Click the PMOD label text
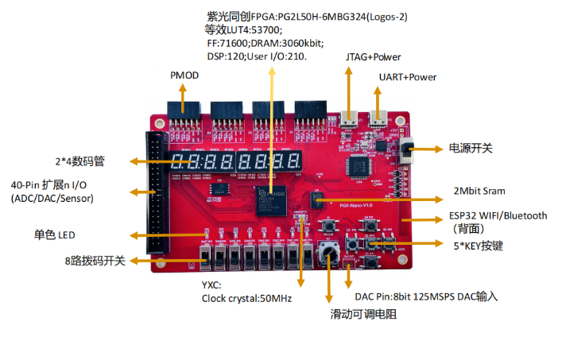tap(184, 75)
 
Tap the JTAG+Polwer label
tap(373, 57)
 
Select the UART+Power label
tap(407, 77)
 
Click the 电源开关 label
tap(471, 149)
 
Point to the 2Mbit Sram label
tap(479, 191)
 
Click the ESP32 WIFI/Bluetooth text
tap(498, 215)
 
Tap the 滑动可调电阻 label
tap(363, 315)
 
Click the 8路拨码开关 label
tap(95, 261)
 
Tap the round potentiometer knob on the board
tap(328, 254)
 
